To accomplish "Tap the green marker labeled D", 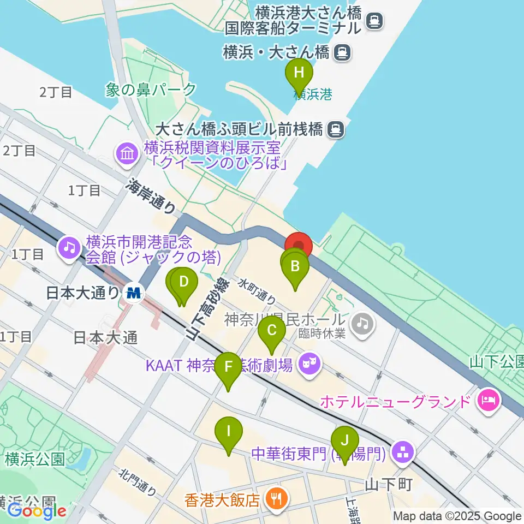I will coord(184,283).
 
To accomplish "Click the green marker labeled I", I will coord(228,432).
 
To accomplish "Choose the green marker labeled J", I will coord(344,440).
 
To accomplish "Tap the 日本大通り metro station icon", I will coord(134,293).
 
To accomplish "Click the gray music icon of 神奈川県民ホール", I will coord(362,324).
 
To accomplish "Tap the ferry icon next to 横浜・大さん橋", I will coord(342,52).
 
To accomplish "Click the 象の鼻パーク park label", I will coord(151,90).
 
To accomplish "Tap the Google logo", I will coord(37,511).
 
